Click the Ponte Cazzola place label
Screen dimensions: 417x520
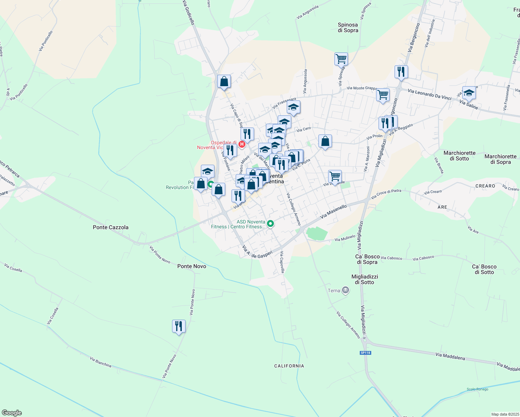pos(111,227)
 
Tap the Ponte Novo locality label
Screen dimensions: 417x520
pos(192,266)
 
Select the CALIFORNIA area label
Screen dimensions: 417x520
pos(289,366)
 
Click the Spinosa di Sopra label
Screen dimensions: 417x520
pos(348,27)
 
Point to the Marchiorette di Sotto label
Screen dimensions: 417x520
pos(459,156)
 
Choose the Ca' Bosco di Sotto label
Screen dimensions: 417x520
pos(484,269)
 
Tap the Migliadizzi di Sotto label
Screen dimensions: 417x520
pos(365,279)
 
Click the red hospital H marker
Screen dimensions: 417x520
pos(242,144)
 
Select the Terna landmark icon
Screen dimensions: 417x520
pos(345,290)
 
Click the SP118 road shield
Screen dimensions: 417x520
pos(365,353)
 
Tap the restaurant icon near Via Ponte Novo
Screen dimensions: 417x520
pos(179,326)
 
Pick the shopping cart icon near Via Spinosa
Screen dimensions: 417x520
pos(341,59)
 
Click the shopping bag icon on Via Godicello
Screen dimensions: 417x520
pos(224,81)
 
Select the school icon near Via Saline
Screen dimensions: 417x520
pos(469,93)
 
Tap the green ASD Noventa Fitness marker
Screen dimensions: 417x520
pos(270,224)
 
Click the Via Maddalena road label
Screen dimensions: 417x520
pos(450,356)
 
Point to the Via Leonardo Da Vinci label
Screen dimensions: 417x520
pos(429,94)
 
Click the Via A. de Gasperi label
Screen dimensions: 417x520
pos(257,252)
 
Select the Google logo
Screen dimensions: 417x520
pos(12,413)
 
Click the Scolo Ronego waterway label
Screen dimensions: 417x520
pos(477,389)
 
